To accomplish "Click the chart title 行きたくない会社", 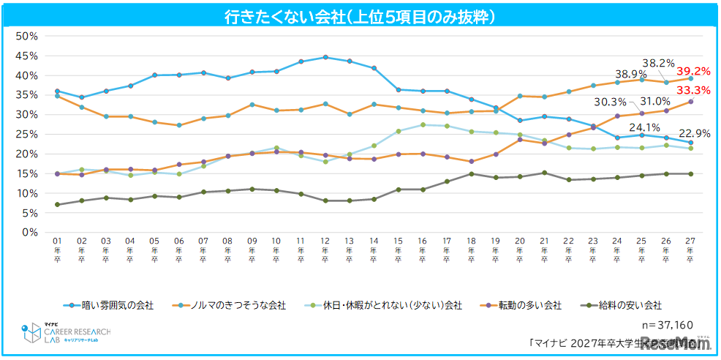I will pos(359,16).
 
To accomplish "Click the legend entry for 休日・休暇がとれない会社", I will pos(383,305).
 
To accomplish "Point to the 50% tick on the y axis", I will pos(26,36).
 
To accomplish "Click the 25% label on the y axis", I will pos(26,134).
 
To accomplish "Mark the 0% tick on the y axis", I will pos(29,232).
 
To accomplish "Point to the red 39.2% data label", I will pos(692,72).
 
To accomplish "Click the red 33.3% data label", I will pos(692,90).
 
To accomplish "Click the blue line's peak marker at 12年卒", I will pos(325,57).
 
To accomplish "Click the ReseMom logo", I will pos(676,342).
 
